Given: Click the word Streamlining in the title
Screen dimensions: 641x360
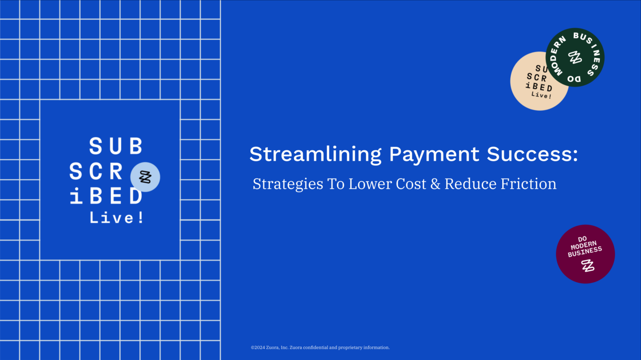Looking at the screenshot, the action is coord(315,155).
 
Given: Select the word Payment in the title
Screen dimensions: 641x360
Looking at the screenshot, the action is coord(434,155).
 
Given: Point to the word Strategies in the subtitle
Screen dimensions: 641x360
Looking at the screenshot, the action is coord(287,184).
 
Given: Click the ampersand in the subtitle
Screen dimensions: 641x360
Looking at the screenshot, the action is coord(435,184).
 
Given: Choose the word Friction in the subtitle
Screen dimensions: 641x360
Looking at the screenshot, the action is coord(528,184).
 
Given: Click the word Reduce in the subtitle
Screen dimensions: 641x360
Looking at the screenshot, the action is coord(470,184).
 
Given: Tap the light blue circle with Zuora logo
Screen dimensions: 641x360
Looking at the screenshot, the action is coord(145,177).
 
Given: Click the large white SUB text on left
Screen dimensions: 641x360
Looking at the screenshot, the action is coord(116,146).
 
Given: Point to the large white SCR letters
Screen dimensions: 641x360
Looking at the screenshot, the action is coord(96,171).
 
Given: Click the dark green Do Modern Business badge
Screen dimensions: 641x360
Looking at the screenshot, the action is coord(575,57).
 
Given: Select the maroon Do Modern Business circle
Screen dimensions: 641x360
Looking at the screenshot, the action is coord(585,254).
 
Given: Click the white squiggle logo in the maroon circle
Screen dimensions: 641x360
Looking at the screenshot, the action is coord(588,265).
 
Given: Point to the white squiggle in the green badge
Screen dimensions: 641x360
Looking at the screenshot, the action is coord(575,57).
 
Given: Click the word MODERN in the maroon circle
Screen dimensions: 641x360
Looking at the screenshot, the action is coord(584,245).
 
